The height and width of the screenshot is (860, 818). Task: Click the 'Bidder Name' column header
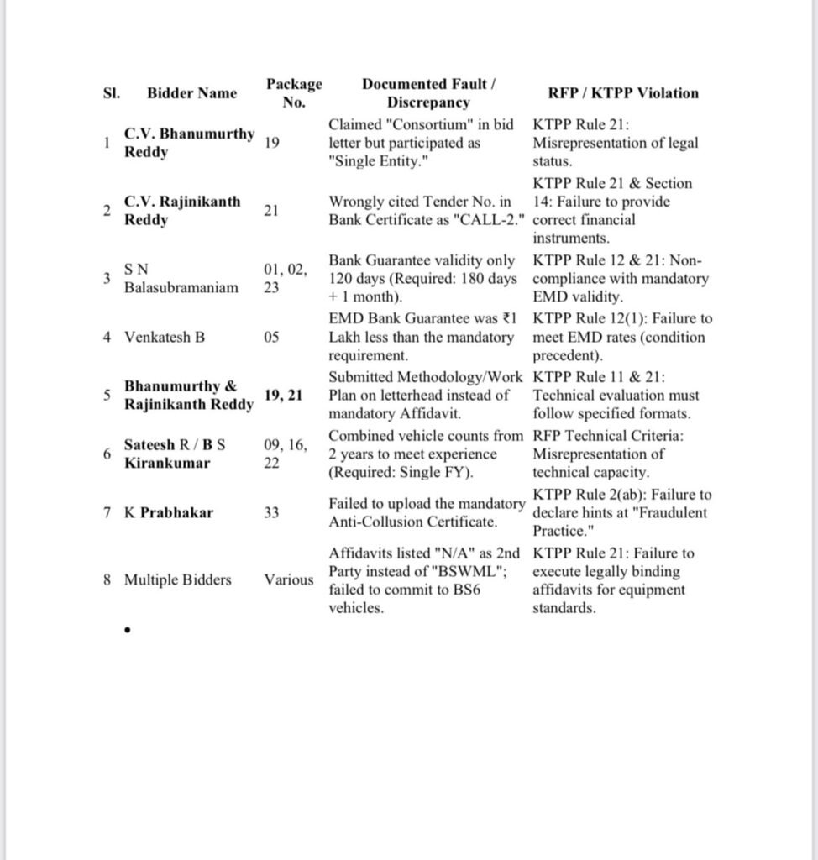pos(191,93)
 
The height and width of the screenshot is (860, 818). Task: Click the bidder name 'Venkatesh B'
pos(165,338)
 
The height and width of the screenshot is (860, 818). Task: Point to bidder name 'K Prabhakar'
pos(168,513)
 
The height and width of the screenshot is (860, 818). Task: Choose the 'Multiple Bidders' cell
pos(178,579)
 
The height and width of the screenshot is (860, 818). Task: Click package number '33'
pos(272,513)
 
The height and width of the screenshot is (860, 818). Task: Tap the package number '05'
pos(272,338)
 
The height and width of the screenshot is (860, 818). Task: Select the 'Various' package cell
pos(289,579)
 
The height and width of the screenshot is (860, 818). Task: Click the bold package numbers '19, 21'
pos(283,395)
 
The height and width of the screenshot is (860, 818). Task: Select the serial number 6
pos(107,454)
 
